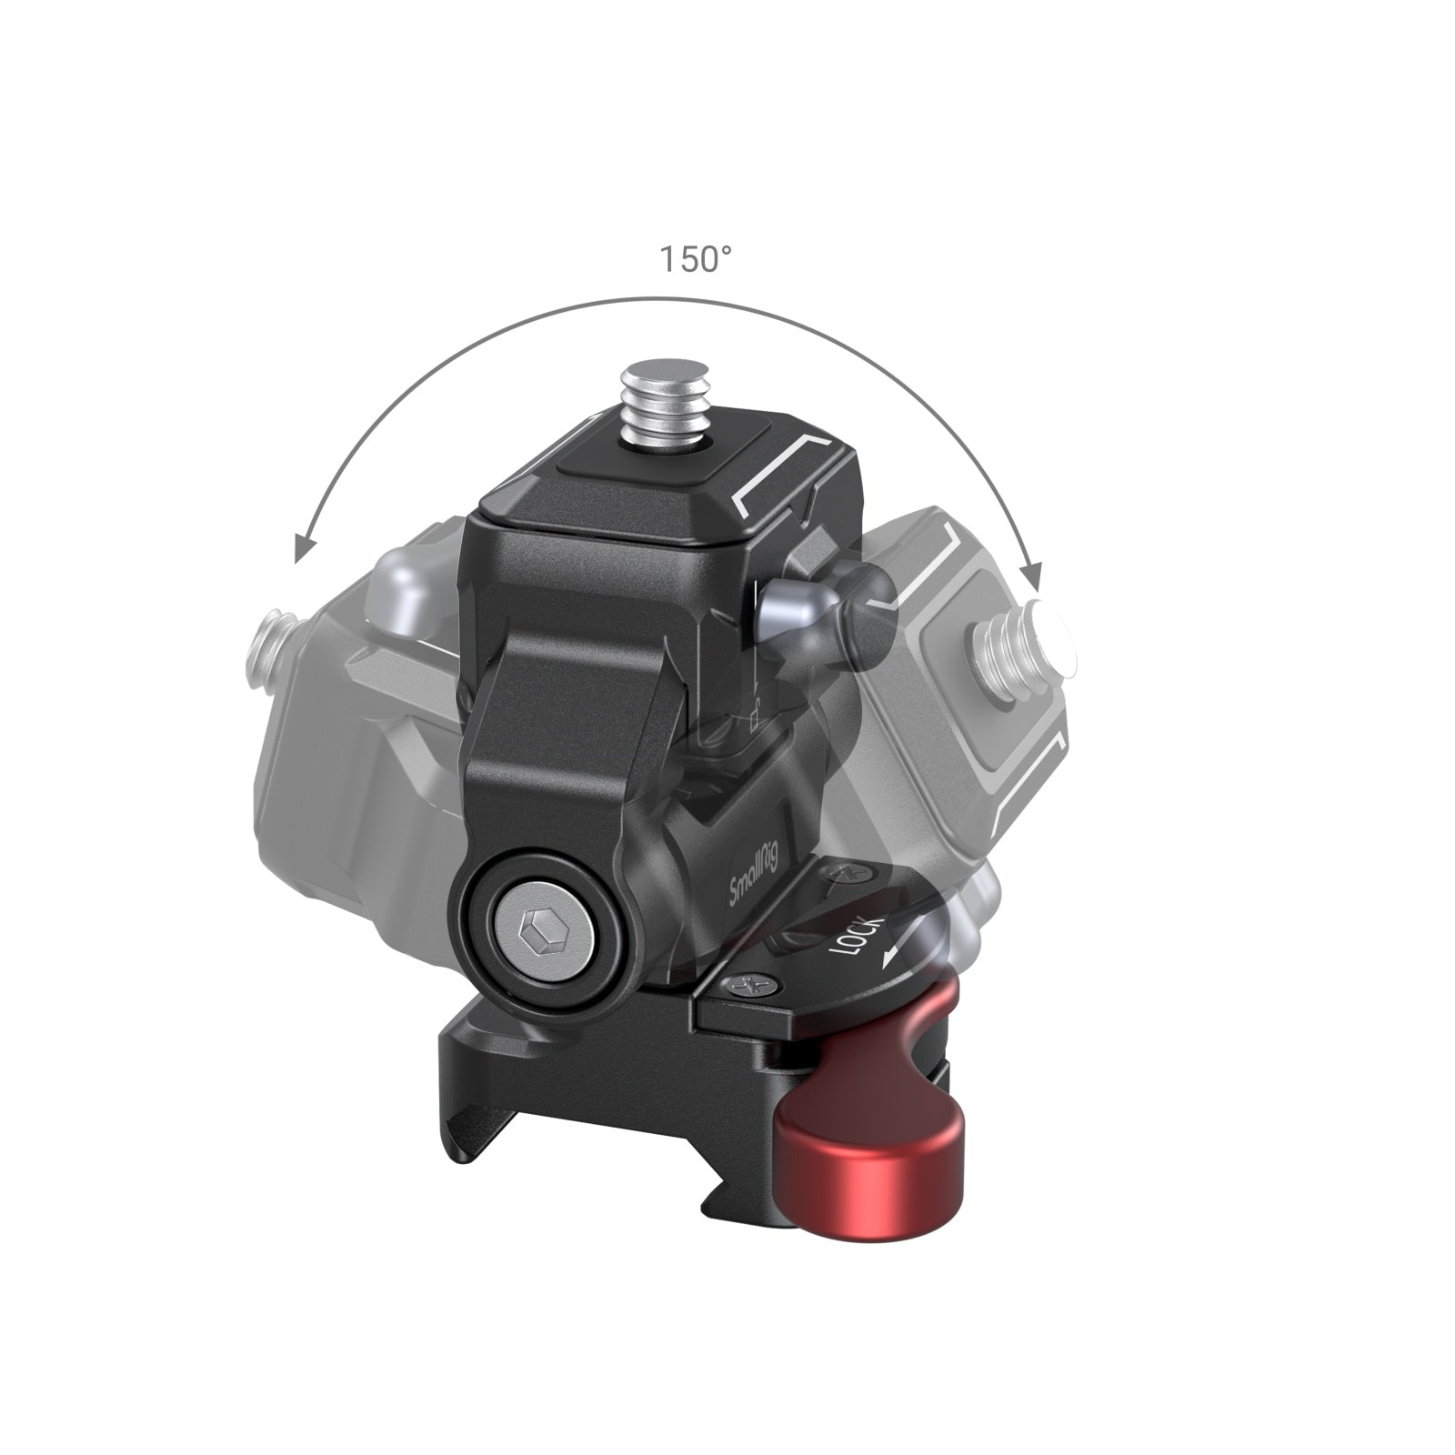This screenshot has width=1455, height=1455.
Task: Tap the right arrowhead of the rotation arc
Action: (1030, 576)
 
